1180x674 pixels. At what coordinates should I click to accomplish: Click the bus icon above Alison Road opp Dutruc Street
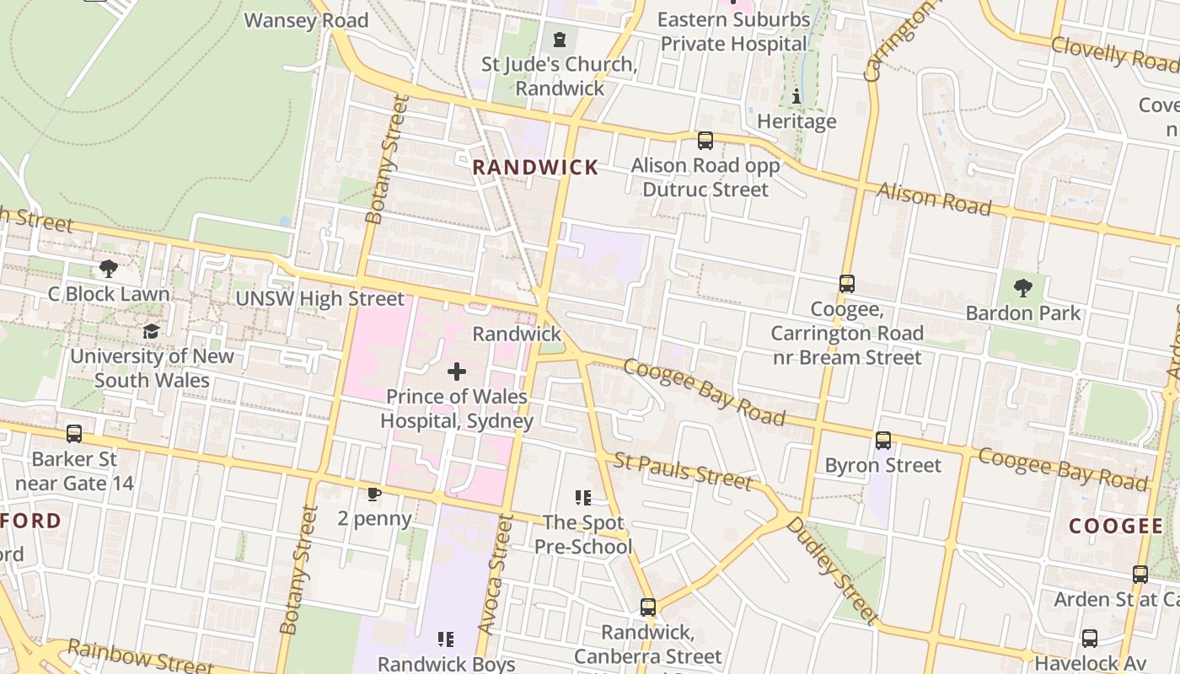[x=705, y=141]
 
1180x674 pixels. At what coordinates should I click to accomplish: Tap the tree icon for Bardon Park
[x=1023, y=288]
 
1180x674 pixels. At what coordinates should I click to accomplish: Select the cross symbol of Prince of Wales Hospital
[x=457, y=372]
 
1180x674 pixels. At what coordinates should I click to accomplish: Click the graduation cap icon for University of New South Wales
[x=151, y=331]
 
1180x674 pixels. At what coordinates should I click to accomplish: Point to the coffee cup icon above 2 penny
[x=374, y=494]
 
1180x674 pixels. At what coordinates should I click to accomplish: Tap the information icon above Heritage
[x=796, y=97]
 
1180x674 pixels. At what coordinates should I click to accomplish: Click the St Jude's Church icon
[x=559, y=40]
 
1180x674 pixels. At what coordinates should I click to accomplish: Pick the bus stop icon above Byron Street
[x=882, y=441]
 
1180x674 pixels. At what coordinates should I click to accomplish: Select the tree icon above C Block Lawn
[x=108, y=269]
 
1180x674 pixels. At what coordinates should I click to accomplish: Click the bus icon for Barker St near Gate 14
[x=74, y=434]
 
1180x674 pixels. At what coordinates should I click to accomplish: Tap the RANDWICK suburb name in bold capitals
[x=535, y=168]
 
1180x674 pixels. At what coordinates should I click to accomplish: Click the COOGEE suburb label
[x=1116, y=527]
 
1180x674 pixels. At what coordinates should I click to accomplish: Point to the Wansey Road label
[x=306, y=20]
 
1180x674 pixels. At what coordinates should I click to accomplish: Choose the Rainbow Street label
[x=139, y=657]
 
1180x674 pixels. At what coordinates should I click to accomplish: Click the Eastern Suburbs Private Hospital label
[x=733, y=31]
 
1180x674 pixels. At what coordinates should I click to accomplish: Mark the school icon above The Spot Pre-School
[x=582, y=498]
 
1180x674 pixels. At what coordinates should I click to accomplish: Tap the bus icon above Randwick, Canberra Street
[x=647, y=607]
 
